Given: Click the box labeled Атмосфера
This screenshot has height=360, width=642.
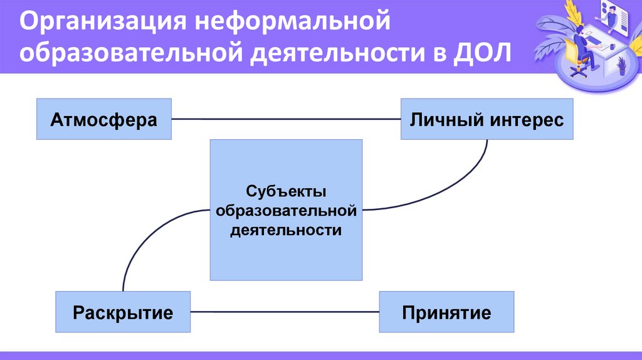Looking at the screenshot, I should [x=104, y=119].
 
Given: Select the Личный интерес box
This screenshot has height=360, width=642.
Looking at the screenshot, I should [x=487, y=119].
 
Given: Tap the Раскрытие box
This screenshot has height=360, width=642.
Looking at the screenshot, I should [x=123, y=312].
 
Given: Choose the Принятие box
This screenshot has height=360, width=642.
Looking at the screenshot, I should [x=446, y=312].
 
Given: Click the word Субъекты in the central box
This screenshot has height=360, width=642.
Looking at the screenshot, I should [x=286, y=190].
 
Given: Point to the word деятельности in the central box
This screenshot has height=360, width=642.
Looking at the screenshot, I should [x=286, y=230].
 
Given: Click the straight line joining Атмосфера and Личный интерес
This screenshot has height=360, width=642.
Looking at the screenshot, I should [x=286, y=119].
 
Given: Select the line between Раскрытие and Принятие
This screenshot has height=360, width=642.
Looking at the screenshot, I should [x=285, y=312].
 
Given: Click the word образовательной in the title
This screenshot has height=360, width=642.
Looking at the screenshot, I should [x=130, y=53].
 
